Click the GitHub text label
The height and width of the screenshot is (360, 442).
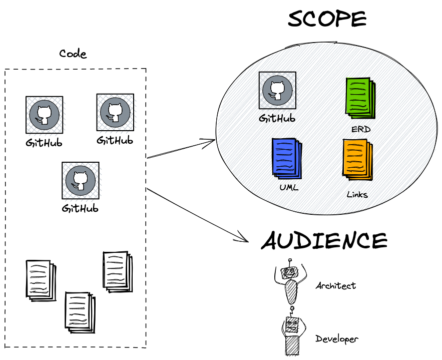click(x=277, y=119)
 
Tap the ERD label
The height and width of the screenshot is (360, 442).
click(x=360, y=130)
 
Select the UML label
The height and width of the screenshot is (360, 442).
click(x=289, y=187)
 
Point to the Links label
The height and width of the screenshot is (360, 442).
click(x=357, y=195)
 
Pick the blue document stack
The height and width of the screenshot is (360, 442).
click(x=286, y=158)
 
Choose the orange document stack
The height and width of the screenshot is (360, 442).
click(x=357, y=159)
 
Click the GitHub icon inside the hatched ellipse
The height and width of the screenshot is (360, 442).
click(x=277, y=90)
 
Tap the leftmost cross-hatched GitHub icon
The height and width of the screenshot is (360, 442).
click(x=45, y=115)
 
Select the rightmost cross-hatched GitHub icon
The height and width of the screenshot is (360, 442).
click(x=115, y=113)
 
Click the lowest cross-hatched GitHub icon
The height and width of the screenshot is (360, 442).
click(x=80, y=180)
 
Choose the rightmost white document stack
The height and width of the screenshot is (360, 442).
click(x=117, y=271)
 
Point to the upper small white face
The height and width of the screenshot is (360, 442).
click(x=290, y=272)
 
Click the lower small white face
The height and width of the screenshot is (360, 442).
click(x=292, y=325)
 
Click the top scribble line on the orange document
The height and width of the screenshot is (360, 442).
click(x=354, y=145)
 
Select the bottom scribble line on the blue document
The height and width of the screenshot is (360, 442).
click(x=284, y=169)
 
